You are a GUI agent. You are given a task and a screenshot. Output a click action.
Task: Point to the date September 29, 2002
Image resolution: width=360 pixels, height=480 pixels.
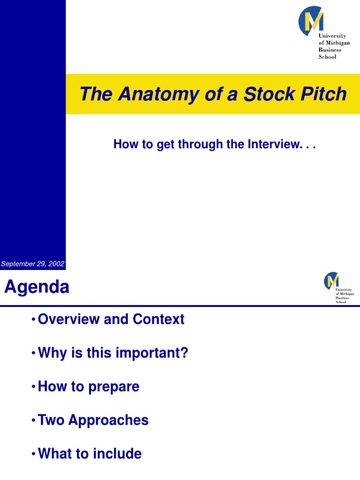click(32, 264)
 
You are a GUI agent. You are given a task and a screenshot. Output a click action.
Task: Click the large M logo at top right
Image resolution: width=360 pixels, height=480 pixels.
click(311, 21)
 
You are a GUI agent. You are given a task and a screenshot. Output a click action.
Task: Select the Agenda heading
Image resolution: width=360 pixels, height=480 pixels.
click(37, 287)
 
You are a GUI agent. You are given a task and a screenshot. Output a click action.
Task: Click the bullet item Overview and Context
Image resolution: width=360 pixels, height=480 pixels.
click(111, 319)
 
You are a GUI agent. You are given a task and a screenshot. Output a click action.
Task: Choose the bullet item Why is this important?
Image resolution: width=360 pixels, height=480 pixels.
click(112, 353)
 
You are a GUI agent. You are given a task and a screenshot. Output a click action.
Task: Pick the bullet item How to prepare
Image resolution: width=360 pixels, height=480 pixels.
click(89, 387)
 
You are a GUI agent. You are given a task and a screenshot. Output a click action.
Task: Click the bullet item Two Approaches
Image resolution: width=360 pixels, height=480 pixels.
click(93, 420)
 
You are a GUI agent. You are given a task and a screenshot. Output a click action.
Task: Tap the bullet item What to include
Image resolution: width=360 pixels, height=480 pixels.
click(90, 454)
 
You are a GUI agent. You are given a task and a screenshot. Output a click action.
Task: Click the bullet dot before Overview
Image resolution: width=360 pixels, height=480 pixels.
click(33, 320)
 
